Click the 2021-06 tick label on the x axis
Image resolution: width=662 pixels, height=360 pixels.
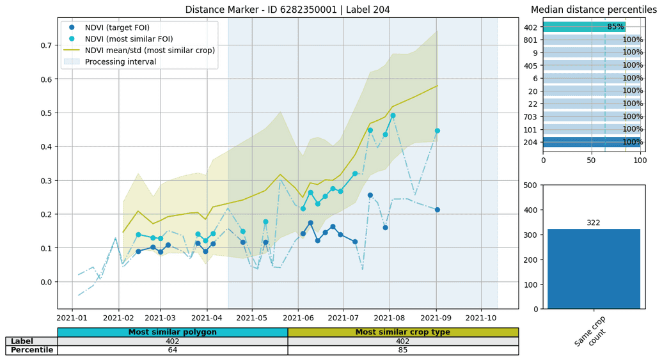click(297, 318)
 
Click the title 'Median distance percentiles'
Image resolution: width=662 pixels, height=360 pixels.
click(594, 10)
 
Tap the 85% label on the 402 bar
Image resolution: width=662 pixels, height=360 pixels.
click(615, 27)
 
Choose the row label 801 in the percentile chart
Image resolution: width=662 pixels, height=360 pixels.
click(530, 40)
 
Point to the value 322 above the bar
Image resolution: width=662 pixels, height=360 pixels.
click(594, 223)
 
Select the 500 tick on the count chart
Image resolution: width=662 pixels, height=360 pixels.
click(530, 185)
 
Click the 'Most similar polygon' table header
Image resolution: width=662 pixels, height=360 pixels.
click(172, 333)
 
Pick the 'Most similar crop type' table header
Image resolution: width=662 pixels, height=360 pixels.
click(402, 333)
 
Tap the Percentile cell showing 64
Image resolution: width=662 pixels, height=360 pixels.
click(172, 350)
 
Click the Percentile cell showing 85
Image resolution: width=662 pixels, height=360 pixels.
click(402, 350)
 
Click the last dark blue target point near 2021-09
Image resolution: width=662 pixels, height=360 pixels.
click(437, 210)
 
